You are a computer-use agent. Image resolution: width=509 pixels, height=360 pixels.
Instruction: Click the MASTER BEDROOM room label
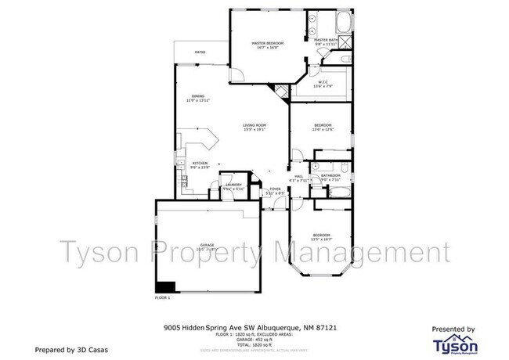(266, 42)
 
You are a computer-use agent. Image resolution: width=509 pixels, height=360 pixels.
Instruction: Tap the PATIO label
(200, 53)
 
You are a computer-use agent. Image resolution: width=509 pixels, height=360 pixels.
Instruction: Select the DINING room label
(198, 96)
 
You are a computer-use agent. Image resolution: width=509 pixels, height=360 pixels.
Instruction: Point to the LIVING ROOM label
(254, 125)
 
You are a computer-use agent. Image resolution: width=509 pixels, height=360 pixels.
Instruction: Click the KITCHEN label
(200, 163)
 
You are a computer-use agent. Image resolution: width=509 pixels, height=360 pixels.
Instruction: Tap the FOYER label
(275, 189)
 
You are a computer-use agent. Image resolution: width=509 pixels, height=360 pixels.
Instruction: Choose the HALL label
(298, 177)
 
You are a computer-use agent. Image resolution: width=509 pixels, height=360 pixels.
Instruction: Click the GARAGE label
(207, 244)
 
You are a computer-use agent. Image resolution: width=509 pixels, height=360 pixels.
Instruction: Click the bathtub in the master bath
(345, 20)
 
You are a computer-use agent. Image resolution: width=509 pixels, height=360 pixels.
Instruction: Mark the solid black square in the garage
(165, 286)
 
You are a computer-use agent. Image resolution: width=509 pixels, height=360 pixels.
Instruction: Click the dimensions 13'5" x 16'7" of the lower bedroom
(323, 239)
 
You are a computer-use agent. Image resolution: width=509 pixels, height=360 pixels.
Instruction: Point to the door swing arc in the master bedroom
(240, 74)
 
